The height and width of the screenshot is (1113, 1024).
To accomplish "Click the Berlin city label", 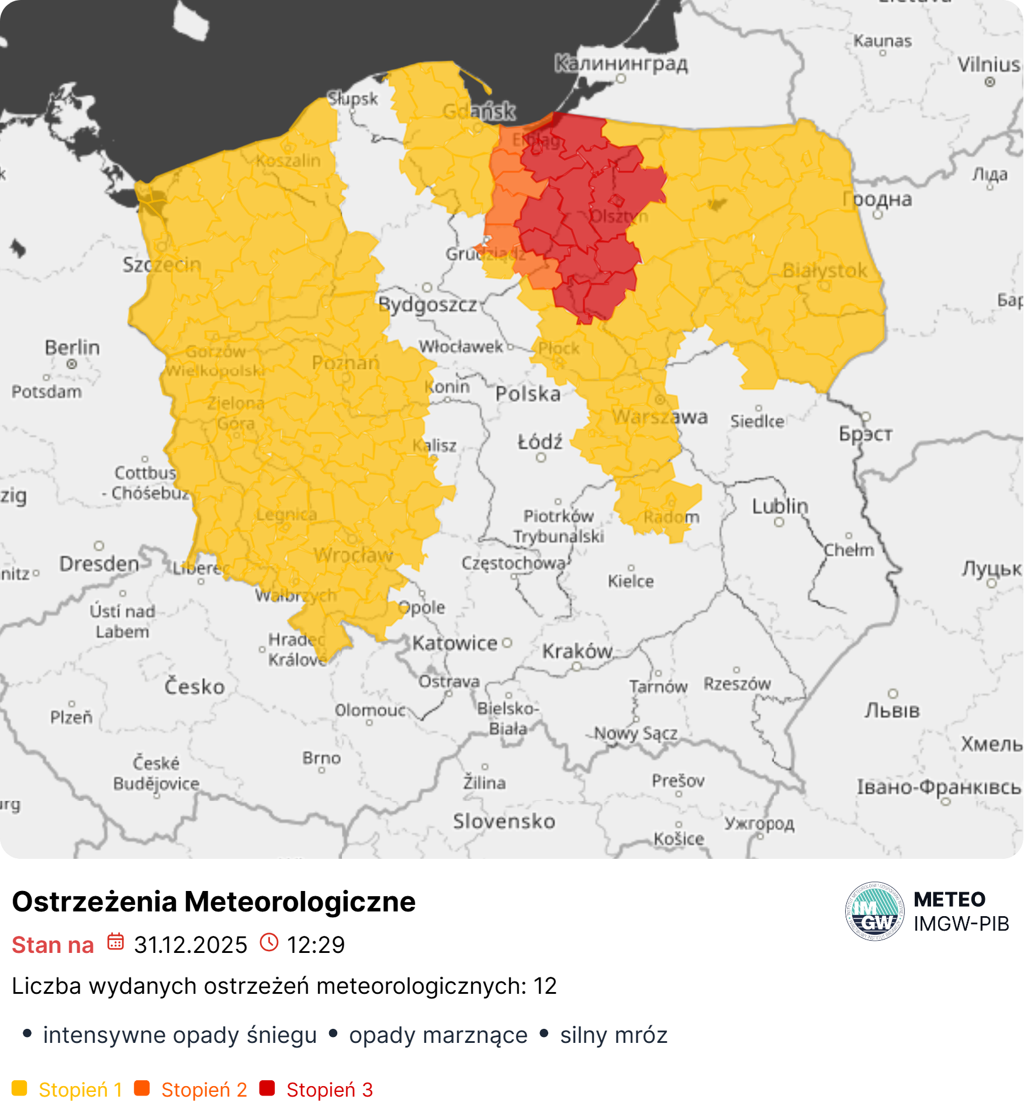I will click(x=72, y=348).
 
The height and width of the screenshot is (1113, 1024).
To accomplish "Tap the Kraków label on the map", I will click(x=577, y=651).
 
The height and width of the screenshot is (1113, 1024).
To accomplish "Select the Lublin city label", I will click(x=780, y=506).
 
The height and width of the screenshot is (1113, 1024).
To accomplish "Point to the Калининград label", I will click(x=621, y=63).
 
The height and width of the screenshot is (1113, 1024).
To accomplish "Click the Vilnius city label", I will click(x=989, y=64).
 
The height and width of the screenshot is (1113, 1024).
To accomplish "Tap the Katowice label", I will click(x=455, y=643).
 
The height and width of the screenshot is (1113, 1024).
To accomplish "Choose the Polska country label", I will click(x=528, y=394).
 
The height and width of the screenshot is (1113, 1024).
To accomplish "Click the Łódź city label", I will click(x=540, y=442).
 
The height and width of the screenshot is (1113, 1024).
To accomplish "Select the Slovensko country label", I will click(x=504, y=821).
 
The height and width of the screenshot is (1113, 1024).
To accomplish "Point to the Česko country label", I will click(x=194, y=686).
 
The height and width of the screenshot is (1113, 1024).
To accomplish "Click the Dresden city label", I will click(x=99, y=564).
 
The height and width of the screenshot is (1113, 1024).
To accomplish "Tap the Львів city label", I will click(x=892, y=711).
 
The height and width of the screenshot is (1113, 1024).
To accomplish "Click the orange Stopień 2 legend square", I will click(x=142, y=1088).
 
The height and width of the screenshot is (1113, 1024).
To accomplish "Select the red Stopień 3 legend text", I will click(x=330, y=1090).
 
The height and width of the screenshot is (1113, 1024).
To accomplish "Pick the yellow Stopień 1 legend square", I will click(x=19, y=1088).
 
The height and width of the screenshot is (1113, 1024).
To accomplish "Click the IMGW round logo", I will click(x=874, y=911).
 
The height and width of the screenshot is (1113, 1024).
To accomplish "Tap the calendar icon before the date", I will click(x=115, y=942).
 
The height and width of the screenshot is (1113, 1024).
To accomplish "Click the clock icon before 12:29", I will click(x=269, y=942).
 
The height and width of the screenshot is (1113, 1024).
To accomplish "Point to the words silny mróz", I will click(x=613, y=1035).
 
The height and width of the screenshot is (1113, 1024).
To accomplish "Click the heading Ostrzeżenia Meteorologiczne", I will click(x=213, y=902).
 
